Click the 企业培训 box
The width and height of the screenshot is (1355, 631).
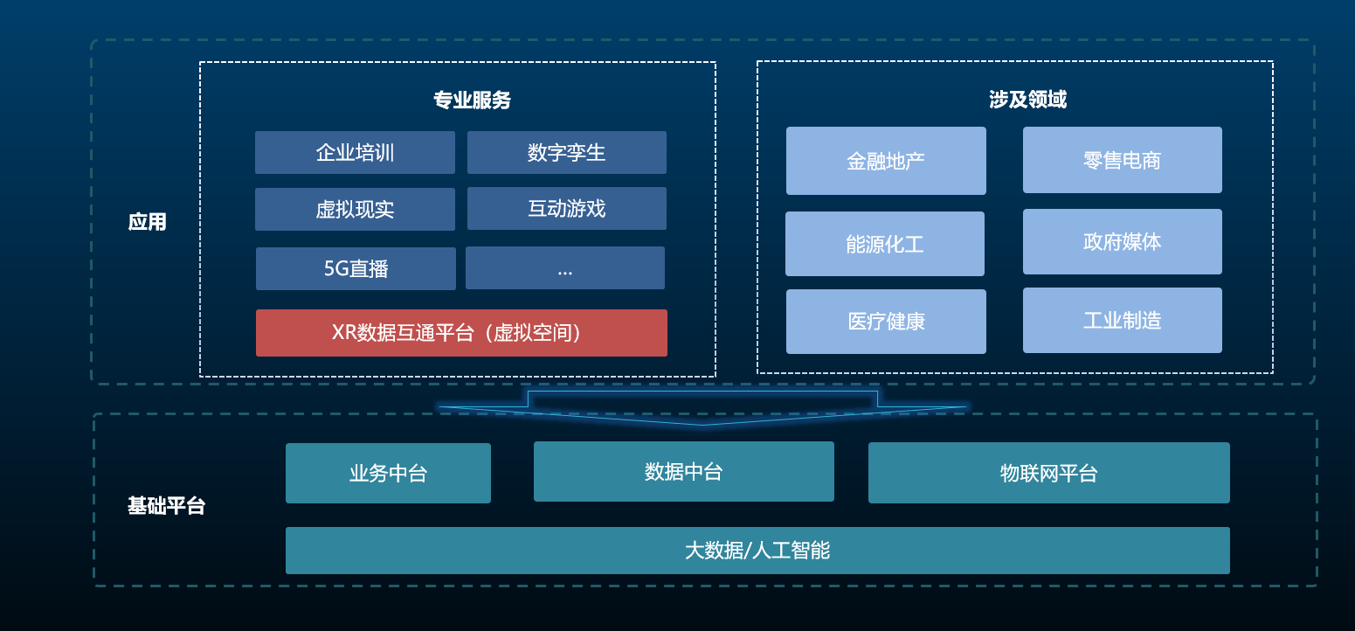(355, 152)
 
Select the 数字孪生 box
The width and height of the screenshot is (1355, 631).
(567, 152)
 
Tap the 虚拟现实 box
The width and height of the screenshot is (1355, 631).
(355, 210)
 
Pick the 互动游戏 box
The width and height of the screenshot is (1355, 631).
(567, 209)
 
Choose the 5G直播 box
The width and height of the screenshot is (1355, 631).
(356, 268)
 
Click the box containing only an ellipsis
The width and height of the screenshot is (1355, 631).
(565, 268)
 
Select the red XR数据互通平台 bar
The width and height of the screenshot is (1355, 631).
(461, 333)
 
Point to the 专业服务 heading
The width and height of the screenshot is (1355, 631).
(472, 100)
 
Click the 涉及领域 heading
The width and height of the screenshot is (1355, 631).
(1027, 100)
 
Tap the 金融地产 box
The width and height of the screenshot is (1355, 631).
(886, 161)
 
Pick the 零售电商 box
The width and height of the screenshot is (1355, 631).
(1122, 160)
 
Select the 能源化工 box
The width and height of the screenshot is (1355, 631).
(885, 244)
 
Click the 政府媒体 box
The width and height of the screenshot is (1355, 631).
(1122, 241)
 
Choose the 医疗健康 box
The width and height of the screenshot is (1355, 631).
(886, 322)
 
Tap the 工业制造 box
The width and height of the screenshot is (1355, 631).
(1122, 320)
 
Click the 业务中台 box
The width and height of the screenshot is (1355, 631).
(389, 473)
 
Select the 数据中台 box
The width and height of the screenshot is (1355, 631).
(683, 471)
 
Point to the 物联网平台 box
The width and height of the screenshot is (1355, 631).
(1049, 473)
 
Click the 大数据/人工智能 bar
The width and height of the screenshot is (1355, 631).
(757, 551)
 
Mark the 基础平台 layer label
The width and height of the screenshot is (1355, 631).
(166, 506)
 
